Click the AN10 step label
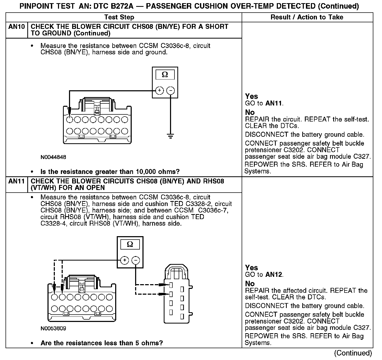click(17, 27)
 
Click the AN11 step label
click(17, 181)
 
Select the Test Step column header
click(119, 17)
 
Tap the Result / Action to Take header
click(307, 17)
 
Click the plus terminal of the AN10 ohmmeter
click(160, 91)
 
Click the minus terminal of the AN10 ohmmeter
click(171, 91)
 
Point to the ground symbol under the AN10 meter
click(171, 136)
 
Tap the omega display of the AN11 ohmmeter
click(130, 245)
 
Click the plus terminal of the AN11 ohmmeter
click(125, 261)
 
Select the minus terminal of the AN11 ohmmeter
click(136, 261)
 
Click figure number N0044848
click(53, 157)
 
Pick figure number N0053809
click(53, 329)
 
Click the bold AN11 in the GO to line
click(274, 103)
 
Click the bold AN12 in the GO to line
click(274, 275)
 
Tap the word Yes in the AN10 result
click(251, 96)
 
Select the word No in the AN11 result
click(250, 284)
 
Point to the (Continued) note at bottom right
click(353, 353)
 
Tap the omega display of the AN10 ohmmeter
click(165, 75)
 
